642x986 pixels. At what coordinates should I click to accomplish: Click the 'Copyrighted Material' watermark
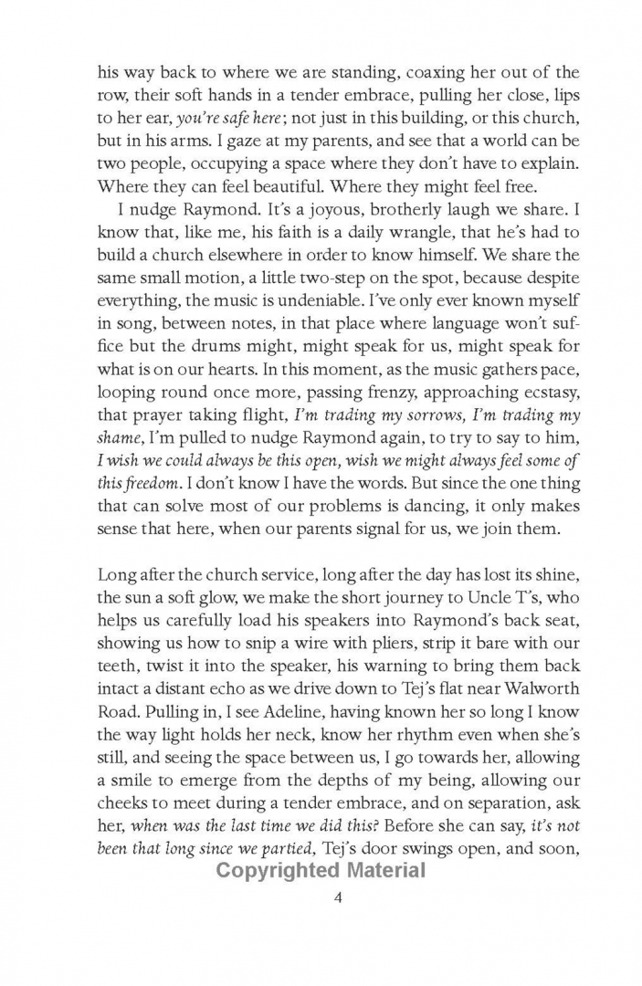point(321,870)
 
